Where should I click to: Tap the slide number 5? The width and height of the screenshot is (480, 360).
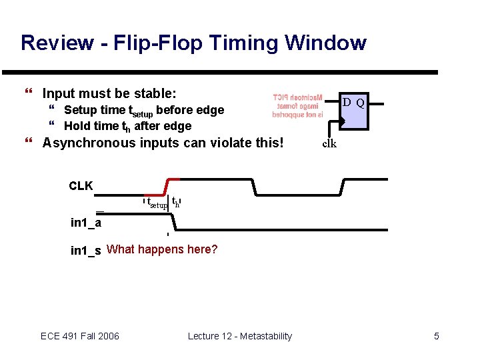437,336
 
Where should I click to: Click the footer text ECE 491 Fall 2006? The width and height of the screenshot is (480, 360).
80,336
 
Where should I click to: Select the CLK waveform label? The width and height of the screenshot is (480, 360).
81,186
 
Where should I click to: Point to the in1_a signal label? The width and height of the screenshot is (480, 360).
86,223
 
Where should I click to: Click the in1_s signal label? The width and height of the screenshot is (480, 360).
86,251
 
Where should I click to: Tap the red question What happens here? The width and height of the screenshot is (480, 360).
162,250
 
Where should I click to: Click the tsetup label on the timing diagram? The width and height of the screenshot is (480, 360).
157,204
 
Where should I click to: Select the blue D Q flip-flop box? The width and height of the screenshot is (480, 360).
353,111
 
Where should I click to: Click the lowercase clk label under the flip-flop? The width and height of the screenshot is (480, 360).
329,143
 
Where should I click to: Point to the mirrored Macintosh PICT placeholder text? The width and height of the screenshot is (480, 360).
297,106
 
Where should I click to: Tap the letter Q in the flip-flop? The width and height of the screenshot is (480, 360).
360,103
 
